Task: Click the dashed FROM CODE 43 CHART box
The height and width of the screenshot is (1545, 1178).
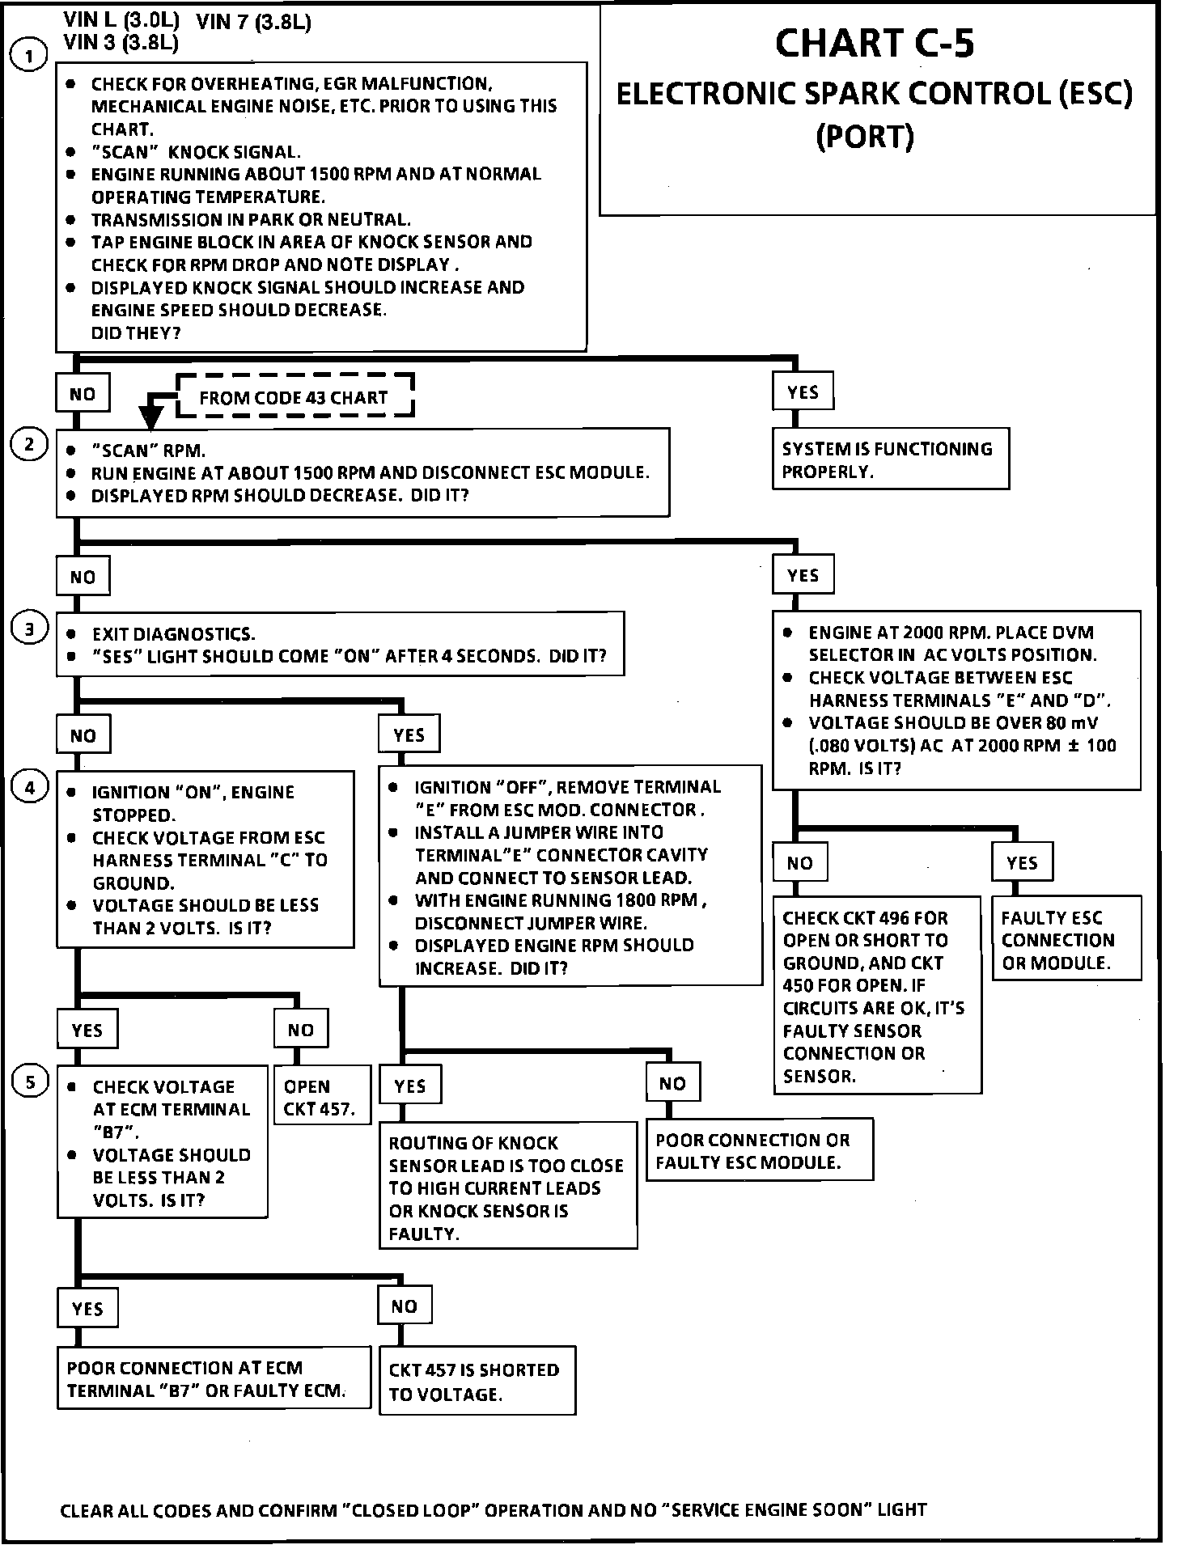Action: [294, 396]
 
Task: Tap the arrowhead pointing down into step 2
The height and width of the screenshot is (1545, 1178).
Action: [150, 416]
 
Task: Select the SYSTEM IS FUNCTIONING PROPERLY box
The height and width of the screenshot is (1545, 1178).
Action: [890, 459]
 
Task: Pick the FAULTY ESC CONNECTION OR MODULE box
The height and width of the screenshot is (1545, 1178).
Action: [1066, 938]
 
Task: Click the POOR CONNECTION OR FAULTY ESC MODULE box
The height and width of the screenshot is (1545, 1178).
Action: [759, 1150]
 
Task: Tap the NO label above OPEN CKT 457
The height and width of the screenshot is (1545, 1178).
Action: [300, 1029]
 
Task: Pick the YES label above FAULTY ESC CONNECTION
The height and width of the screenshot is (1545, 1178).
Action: [1022, 862]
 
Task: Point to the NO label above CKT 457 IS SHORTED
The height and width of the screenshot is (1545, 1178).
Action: [405, 1306]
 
